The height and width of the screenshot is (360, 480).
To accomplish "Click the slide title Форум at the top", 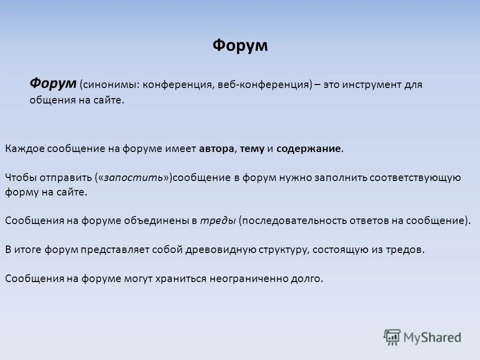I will (240, 45).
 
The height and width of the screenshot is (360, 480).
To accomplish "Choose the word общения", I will (48, 100).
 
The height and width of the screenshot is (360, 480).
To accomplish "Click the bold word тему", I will (252, 148).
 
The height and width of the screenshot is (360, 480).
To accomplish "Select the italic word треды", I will (218, 221).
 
